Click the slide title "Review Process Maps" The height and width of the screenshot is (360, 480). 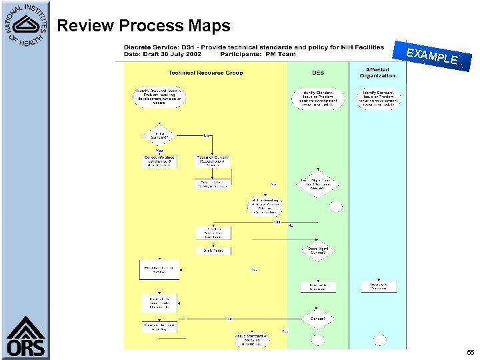[143, 26]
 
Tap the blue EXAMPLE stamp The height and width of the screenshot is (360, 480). [433, 57]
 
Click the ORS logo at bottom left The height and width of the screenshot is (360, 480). [26, 337]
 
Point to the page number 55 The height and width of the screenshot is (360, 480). [470, 351]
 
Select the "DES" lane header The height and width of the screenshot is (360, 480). [318, 73]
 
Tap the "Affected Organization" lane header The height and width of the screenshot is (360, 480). [377, 73]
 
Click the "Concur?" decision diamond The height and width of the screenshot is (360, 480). [317, 318]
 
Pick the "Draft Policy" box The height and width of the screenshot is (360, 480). [213, 251]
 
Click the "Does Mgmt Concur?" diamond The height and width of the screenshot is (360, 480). [317, 249]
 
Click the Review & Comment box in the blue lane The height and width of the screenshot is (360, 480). [379, 286]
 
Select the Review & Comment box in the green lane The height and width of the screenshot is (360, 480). [317, 287]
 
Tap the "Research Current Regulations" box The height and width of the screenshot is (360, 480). [213, 161]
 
